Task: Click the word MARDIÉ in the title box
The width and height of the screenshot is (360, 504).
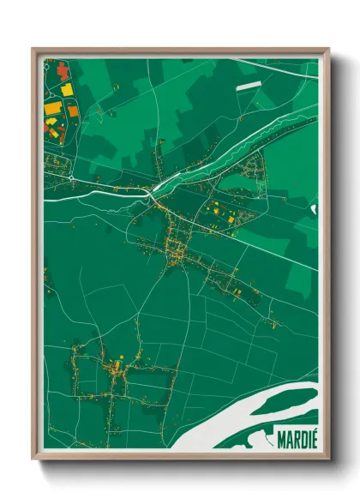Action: pos(297,441)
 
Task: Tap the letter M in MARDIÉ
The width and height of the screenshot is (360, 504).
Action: pos(282,441)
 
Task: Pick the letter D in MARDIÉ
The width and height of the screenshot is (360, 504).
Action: pos(301,441)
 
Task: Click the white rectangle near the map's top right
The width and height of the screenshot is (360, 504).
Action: pos(249,86)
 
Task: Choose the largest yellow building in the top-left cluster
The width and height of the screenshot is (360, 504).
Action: pos(52,109)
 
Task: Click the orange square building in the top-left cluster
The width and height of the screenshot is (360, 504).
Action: pos(73,111)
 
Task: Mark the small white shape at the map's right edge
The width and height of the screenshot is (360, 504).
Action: pos(314,208)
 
